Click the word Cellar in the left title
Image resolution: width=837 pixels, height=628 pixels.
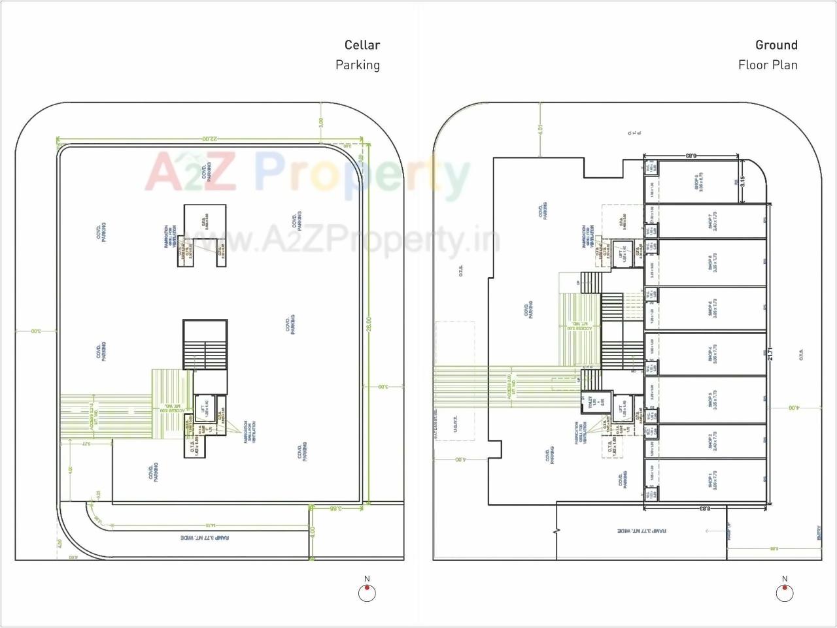[362, 45]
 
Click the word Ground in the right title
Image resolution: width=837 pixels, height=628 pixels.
[776, 45]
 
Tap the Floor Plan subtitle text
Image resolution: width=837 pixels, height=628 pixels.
[768, 65]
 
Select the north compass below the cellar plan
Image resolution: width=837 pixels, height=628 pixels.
[367, 592]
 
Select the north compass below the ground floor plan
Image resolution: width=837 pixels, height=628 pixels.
[784, 592]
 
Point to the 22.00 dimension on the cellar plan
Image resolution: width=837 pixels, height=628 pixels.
[209, 139]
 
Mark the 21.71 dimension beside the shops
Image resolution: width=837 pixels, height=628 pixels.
[771, 354]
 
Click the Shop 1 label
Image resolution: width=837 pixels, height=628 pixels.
[711, 481]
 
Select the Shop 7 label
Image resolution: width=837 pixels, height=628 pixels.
[711, 222]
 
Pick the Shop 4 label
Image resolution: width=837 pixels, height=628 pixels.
[711, 355]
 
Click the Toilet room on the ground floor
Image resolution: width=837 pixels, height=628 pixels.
[592, 402]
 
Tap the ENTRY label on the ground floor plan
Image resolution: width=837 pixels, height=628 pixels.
[819, 533]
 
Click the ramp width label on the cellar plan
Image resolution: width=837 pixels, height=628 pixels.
[205, 538]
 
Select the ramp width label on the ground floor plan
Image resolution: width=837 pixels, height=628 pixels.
[641, 531]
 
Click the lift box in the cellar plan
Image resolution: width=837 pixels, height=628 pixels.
[203, 410]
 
